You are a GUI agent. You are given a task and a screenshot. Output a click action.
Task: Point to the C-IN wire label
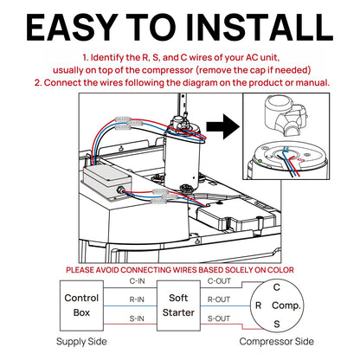[x=137, y=281]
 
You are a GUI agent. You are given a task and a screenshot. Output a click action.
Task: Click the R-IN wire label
[x=137, y=299]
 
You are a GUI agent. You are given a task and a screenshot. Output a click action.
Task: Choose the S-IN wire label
[x=137, y=318]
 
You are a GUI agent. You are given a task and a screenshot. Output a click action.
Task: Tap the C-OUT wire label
[x=220, y=281]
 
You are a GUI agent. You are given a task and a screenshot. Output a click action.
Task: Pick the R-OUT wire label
[x=220, y=299]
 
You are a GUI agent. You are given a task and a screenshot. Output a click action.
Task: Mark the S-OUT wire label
[x=220, y=318]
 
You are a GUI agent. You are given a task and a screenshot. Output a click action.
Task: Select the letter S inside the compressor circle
[x=276, y=322]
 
